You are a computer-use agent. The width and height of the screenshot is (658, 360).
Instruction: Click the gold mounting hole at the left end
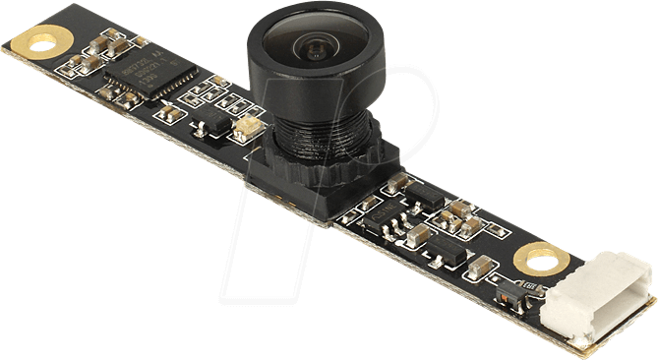[42, 42]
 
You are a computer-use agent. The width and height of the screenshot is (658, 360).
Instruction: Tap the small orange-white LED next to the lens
[247, 126]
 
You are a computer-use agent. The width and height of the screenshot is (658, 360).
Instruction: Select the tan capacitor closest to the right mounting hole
[481, 266]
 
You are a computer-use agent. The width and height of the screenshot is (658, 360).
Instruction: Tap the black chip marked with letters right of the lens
[422, 191]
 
